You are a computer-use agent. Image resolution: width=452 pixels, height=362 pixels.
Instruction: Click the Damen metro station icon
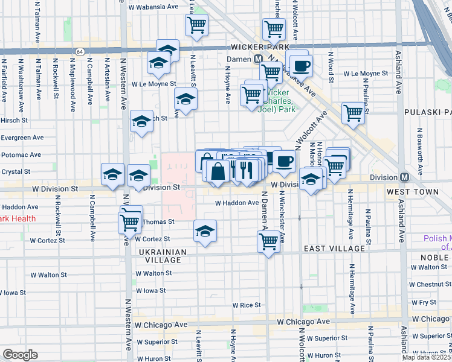[x=258, y=59]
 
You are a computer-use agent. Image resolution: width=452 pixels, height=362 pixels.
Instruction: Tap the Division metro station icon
[x=404, y=177]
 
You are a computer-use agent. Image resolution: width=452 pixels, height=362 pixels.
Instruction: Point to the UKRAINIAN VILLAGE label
[x=160, y=255]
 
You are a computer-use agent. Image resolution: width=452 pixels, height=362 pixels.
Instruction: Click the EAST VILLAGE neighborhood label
[x=334, y=249]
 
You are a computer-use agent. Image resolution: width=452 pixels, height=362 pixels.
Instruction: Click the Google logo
[x=20, y=355]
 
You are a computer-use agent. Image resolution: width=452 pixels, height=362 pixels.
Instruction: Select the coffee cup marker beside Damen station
[x=300, y=65]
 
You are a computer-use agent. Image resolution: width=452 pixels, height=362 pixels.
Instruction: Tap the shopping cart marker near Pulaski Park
[x=353, y=112]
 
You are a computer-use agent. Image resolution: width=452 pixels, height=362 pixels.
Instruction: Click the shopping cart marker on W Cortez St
[x=268, y=241]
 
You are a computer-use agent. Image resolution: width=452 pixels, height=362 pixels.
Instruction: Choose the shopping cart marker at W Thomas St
[x=130, y=222]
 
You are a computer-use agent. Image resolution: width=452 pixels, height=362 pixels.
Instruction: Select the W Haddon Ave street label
[x=237, y=203]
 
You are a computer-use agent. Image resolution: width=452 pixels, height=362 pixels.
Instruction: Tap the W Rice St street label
[x=247, y=305]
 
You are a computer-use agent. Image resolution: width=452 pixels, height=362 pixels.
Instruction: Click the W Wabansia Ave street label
[x=153, y=7]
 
